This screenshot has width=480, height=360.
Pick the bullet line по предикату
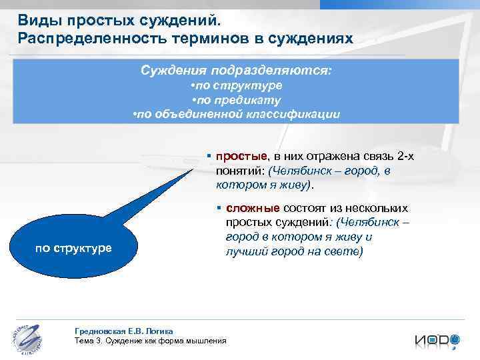tap(236, 100)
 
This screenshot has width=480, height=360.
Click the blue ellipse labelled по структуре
tap(73, 249)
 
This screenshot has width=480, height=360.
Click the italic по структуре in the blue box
tap(236, 86)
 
